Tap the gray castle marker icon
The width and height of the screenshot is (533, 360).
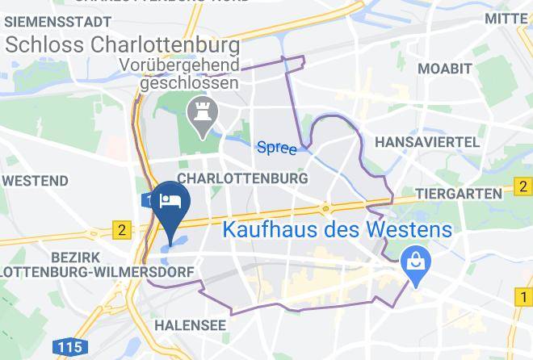tap(199, 116)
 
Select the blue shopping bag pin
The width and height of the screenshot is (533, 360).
tap(416, 263)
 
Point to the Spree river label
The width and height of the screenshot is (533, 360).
tap(276, 148)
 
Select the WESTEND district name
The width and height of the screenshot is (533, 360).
tap(35, 178)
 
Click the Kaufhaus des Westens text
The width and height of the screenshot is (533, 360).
tap(337, 229)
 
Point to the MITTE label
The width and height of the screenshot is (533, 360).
tap(506, 18)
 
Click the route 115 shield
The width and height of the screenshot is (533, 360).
tap(71, 348)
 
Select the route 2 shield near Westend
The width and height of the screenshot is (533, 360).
tap(121, 230)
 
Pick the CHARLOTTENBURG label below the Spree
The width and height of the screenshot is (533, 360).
tap(242, 178)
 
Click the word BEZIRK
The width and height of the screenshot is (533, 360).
tap(29, 255)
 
